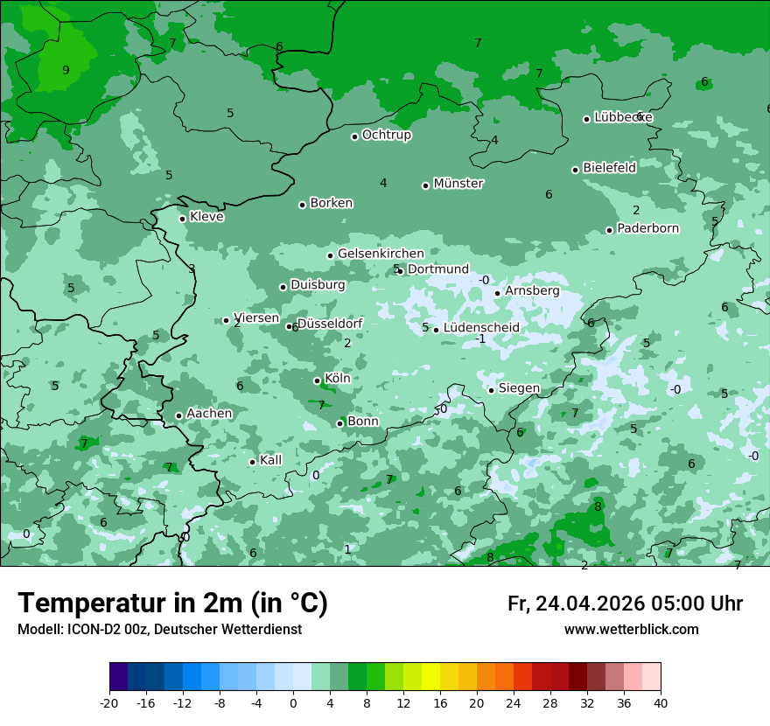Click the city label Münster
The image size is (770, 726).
point(458,184)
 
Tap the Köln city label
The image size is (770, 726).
point(338,379)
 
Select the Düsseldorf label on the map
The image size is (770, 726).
point(330,324)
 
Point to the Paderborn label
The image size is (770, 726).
point(648,228)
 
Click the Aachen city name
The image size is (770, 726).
point(209,414)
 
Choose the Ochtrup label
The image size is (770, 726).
point(387,135)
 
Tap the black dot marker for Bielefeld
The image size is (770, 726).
point(576,170)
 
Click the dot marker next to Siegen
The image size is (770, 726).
point(492,390)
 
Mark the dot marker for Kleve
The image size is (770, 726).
point(183,219)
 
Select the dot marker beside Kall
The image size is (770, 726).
point(253,462)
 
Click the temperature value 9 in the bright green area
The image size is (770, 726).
point(66,70)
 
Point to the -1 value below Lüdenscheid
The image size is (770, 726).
point(479,339)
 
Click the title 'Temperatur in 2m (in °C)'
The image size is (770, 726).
point(173,604)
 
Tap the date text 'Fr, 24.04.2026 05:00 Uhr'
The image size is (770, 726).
point(625,604)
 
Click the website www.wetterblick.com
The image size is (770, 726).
point(631,630)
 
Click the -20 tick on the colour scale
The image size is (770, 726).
point(109,703)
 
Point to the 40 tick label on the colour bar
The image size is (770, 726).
point(661,703)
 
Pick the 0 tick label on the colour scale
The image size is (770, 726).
point(293,703)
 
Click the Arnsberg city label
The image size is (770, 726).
point(532,290)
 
